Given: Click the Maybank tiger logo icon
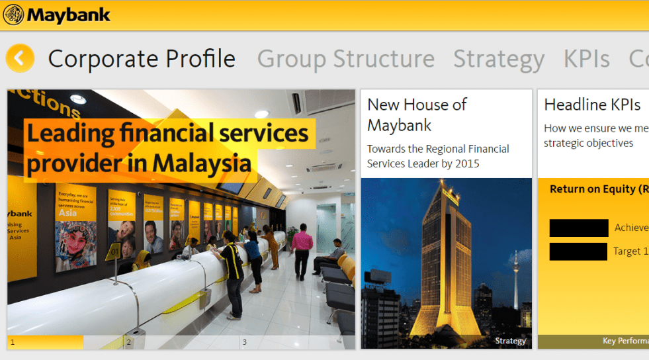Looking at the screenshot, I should (13, 15).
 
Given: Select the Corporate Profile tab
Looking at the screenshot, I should (142, 59).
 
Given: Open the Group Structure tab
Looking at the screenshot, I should (345, 59).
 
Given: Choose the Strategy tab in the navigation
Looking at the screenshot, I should (498, 59).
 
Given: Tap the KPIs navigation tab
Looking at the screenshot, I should (586, 59).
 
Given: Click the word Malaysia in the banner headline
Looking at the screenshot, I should (202, 163).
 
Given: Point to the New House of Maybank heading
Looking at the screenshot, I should (417, 114).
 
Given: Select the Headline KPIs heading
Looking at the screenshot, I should (592, 105).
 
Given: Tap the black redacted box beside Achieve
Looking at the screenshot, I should (578, 228).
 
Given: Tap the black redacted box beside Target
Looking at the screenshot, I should (578, 251).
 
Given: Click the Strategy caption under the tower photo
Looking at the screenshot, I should (510, 341).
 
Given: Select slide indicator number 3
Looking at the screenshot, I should (245, 342).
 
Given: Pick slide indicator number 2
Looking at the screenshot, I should (128, 342).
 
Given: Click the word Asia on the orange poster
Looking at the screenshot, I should (67, 213).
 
